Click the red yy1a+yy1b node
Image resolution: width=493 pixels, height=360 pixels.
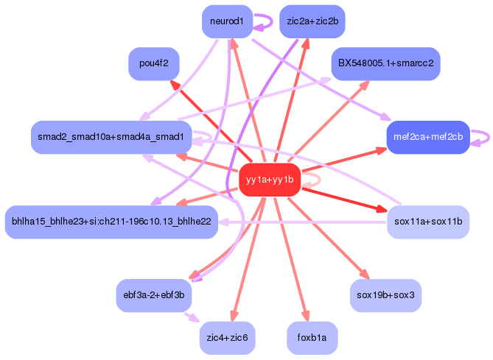pos(269,180)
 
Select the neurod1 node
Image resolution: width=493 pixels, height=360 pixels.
pos(227,21)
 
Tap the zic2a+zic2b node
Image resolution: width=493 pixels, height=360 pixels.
pos(312,21)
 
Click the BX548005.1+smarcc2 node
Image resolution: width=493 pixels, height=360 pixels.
pos(385,64)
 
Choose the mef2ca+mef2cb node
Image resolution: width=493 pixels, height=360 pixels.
pos(428,137)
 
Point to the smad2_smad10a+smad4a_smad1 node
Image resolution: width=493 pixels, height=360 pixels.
pos(111,137)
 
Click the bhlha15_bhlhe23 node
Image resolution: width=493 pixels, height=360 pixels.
pos(111,221)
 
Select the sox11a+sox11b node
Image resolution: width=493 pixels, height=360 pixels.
pos(428,221)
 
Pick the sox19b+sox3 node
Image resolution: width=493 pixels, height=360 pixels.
pos(385,295)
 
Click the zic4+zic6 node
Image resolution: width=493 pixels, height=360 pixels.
pos(227,338)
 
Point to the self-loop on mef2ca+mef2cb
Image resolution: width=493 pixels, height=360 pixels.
pos(481,137)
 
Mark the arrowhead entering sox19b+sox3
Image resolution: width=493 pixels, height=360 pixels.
pos(362,275)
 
